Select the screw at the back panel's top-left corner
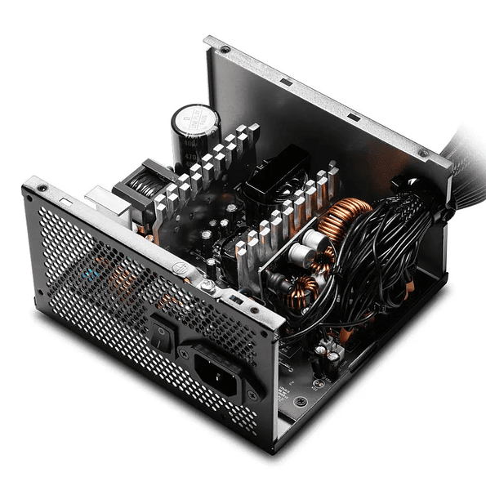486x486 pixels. point(37,191)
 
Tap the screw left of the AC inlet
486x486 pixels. point(185,349)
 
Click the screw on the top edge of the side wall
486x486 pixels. point(223,50)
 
